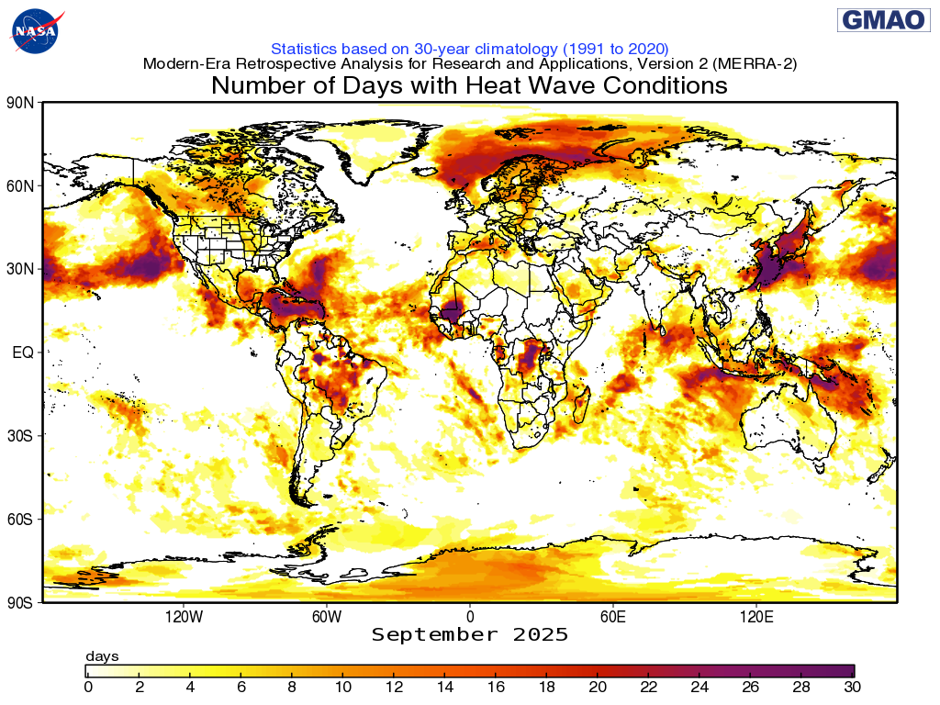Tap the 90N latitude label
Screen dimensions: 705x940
pos(20,103)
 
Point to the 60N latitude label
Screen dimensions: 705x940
pos(20,186)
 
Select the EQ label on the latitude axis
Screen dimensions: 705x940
pos(23,352)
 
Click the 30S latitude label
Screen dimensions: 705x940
pos(20,435)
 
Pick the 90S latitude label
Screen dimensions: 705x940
pos(20,602)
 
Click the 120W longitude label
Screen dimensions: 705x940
pos(184,616)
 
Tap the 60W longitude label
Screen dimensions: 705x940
pos(327,616)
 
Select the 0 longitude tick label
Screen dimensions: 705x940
pos(470,616)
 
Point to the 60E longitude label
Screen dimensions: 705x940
pos(613,616)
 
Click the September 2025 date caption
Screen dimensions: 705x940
pos(470,635)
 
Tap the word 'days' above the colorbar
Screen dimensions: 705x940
pos(102,656)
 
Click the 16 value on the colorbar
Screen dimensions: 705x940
pos(496,687)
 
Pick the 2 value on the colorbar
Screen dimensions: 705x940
pos(139,687)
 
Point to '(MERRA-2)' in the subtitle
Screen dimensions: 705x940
pos(750,64)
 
